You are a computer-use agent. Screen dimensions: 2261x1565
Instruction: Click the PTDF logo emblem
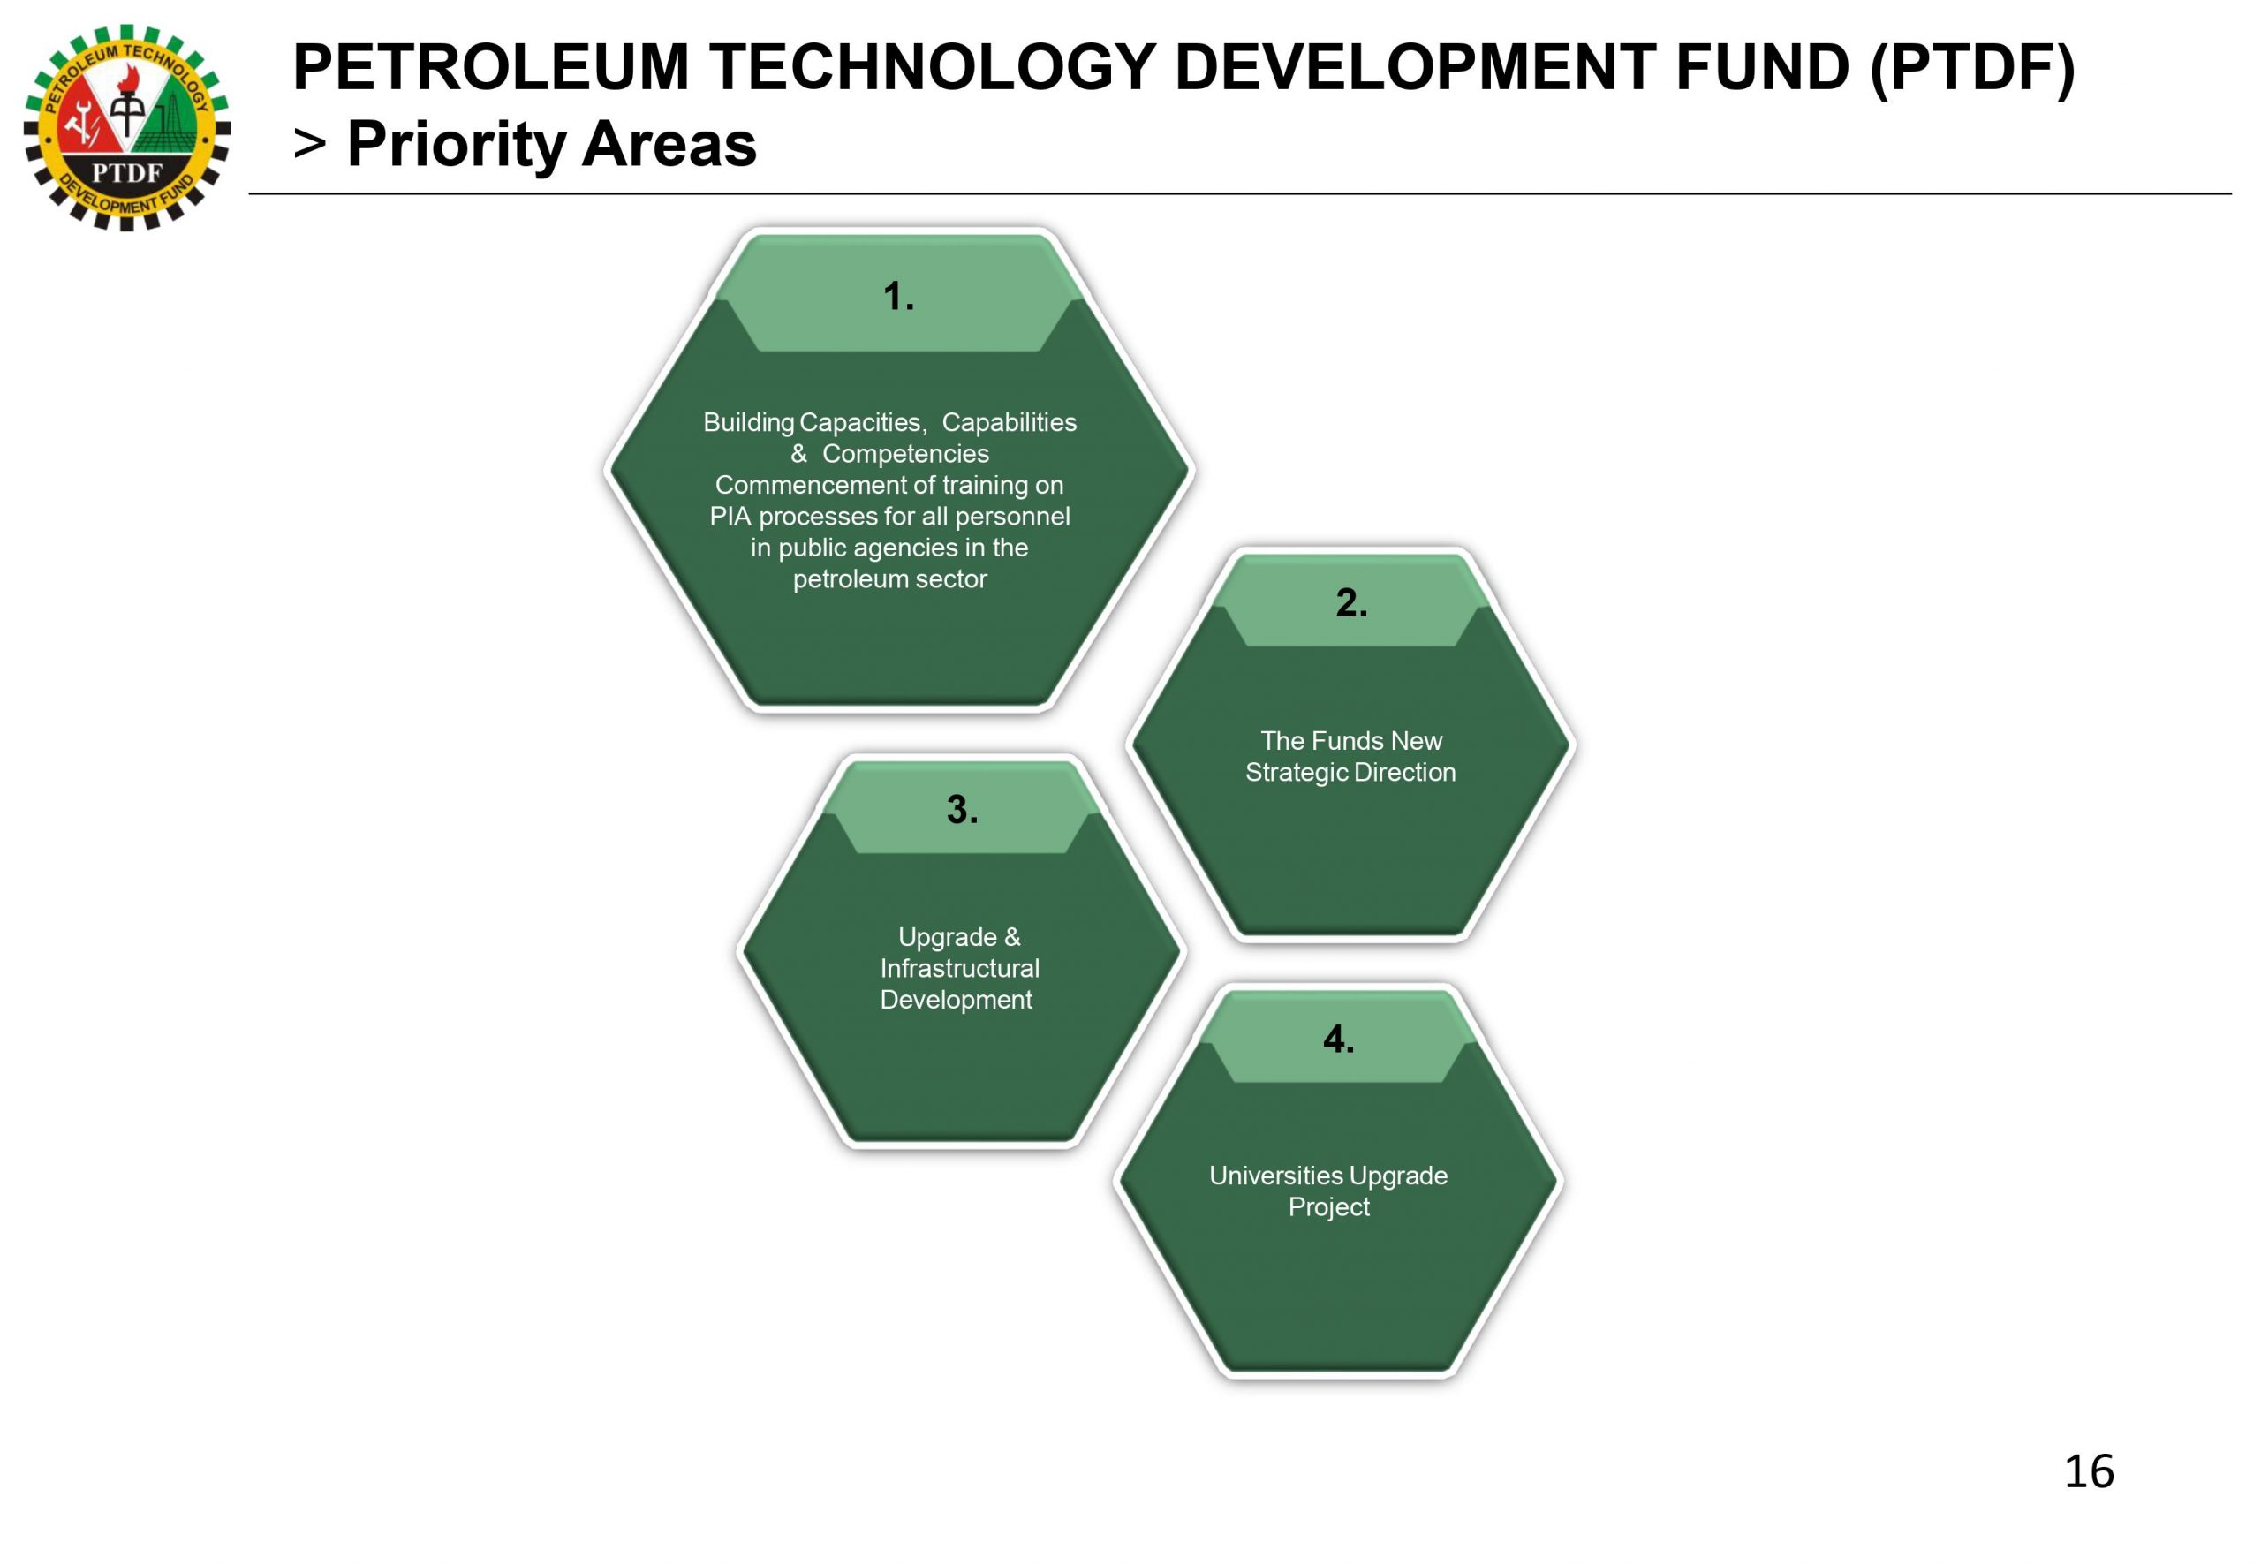coord(126,127)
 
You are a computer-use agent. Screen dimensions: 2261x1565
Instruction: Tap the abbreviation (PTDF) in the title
coord(1972,69)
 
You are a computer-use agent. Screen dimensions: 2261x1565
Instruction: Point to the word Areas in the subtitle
coord(669,144)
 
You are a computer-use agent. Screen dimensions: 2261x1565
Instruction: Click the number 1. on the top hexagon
coord(898,296)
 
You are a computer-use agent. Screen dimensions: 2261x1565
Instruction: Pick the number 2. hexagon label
coord(1351,602)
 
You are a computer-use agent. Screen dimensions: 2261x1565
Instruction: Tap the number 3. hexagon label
coord(962,809)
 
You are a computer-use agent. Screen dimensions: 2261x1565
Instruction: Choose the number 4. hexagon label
coord(1338,1039)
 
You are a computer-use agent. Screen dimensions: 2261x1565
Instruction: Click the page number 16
coord(2089,1470)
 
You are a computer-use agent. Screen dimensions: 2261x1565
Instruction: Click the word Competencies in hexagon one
coord(905,454)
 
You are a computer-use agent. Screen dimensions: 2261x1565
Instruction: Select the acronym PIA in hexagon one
coord(730,516)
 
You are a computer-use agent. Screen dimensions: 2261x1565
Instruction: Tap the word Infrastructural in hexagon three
coord(960,968)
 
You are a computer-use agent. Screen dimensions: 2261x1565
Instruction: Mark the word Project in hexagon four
coord(1328,1207)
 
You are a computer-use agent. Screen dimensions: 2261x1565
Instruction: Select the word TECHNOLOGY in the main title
coord(932,68)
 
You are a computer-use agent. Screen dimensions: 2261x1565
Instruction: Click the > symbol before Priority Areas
coord(310,144)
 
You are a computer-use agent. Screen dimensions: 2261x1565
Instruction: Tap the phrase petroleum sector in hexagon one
coord(889,579)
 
